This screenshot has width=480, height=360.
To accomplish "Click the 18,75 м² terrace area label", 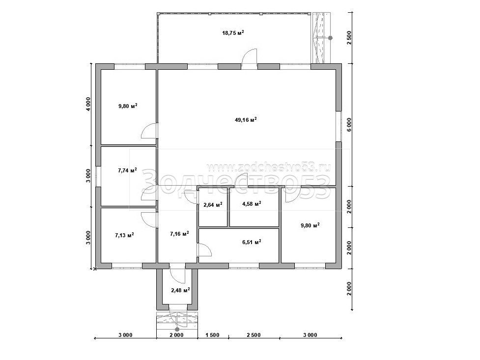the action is (x=233, y=33).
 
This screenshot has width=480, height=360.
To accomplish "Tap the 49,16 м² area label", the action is (x=246, y=120).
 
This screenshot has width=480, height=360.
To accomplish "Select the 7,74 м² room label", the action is (x=127, y=170).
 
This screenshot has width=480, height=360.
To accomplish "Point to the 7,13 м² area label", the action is (x=124, y=235).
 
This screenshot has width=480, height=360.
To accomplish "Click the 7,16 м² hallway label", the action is (x=179, y=234).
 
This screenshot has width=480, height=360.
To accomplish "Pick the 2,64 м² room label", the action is (x=213, y=204).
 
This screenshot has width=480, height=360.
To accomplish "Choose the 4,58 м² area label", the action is (x=252, y=203).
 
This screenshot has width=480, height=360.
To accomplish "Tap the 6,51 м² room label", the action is (x=252, y=242).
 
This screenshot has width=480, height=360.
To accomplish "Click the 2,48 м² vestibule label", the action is (x=180, y=290).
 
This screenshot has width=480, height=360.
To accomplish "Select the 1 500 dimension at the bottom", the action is (x=212, y=335).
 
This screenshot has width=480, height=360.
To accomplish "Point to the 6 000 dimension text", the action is (x=349, y=125).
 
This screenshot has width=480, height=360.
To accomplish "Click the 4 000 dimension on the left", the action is (x=88, y=104).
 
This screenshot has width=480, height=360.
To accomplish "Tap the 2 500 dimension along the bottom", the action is (x=254, y=335).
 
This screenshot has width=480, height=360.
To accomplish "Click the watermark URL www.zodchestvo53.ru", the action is (x=268, y=167).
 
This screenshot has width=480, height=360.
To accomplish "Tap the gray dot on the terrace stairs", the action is (x=330, y=38).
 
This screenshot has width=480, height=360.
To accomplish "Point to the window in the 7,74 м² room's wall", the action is (x=98, y=176).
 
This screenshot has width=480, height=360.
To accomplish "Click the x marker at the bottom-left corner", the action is (x=95, y=269).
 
